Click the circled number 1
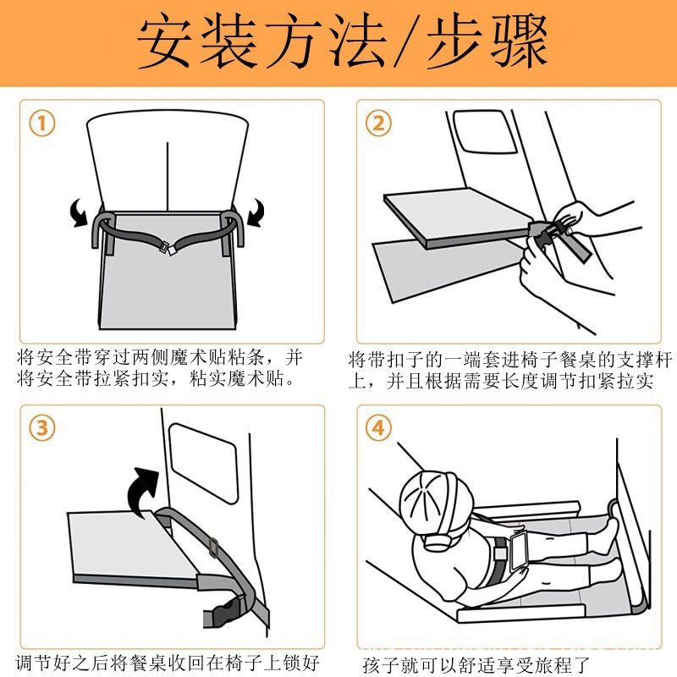coord(41,123)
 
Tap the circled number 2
coord(378,123)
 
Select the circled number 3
coord(41,428)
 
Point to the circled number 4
coord(378,428)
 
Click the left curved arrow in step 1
coord(78,212)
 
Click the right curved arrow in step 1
coord(256,212)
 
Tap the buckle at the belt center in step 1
coord(168,248)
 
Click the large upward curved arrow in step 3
coord(140,490)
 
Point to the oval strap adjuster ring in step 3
coord(214,548)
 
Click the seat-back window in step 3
coord(204,463)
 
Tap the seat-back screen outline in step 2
coord(484,132)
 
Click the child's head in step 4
coord(436,501)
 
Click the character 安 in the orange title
coord(164,41)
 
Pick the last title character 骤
coord(519,41)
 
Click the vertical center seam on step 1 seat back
coord(168,176)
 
